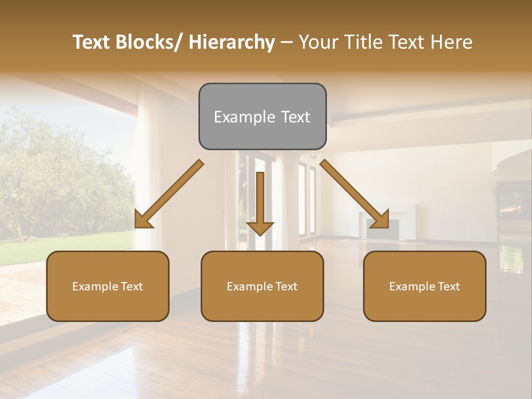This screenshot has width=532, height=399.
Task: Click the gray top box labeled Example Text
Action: tap(262, 116)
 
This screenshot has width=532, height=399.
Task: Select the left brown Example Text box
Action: tap(108, 286)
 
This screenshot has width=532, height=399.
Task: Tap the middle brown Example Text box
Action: tap(262, 286)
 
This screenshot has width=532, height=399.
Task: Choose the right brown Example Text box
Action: tap(424, 286)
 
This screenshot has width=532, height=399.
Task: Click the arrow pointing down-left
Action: tap(169, 195)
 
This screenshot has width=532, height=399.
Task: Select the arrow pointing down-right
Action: tap(355, 195)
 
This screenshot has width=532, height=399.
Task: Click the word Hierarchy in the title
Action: tap(231, 42)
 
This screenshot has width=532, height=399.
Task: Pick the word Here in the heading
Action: tap(452, 42)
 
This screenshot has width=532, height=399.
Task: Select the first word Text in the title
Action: tap(92, 42)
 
